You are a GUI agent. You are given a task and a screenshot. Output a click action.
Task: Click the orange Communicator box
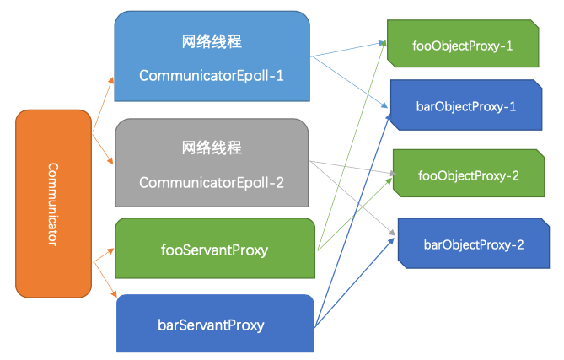[x=53, y=204]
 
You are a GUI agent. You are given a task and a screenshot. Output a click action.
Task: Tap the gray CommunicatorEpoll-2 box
[x=212, y=164]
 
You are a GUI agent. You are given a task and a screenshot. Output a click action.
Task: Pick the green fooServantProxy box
[x=214, y=249]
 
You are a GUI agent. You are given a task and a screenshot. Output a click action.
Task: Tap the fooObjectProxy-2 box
[x=468, y=175]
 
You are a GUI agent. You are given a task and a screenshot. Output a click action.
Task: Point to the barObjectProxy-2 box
[x=473, y=244]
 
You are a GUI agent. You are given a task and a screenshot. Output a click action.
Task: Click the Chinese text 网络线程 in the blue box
[x=212, y=40]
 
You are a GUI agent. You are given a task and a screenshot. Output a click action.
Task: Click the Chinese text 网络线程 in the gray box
[x=212, y=147]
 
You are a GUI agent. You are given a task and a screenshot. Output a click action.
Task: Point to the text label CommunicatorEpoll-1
[x=212, y=75]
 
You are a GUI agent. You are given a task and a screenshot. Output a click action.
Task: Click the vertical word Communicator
[x=52, y=204]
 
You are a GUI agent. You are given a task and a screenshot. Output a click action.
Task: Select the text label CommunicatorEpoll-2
[x=212, y=182]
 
